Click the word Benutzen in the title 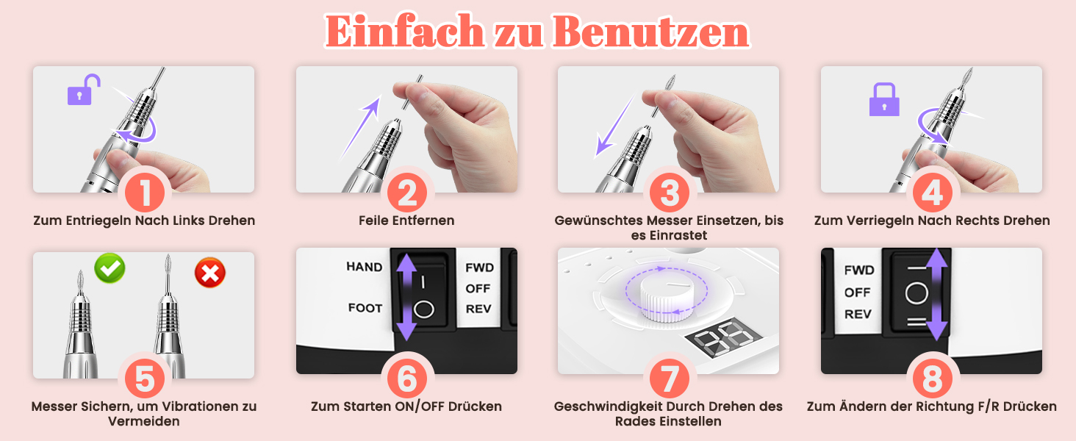coord(651,32)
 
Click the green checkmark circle coord(110,268)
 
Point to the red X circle coord(210,273)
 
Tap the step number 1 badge coord(145,193)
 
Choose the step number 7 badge coord(669,379)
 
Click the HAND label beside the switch coord(364,267)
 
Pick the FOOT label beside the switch coord(365,308)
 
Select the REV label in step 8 coord(858,314)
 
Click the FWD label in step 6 coord(479,268)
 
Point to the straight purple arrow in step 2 coord(360,128)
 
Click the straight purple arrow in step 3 coord(615,124)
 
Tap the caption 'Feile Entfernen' coord(406,220)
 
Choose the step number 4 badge coord(933,193)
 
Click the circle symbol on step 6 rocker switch coord(423,309)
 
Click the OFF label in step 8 coord(858,292)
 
